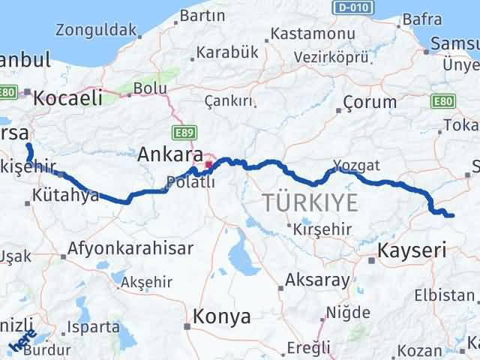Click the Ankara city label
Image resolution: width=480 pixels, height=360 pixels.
click(170, 155)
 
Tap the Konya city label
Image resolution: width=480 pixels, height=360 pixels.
click(222, 316)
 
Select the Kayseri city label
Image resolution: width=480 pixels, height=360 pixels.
click(412, 250)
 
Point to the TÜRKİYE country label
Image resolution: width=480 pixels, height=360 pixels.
click(309, 201)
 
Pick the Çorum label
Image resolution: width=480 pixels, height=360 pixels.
click(369, 103)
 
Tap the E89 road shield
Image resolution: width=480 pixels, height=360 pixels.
click(181, 131)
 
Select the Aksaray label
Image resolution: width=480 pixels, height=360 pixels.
click(317, 281)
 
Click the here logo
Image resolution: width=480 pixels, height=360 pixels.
click(23, 342)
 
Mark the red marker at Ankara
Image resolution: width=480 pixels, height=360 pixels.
click(208, 163)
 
